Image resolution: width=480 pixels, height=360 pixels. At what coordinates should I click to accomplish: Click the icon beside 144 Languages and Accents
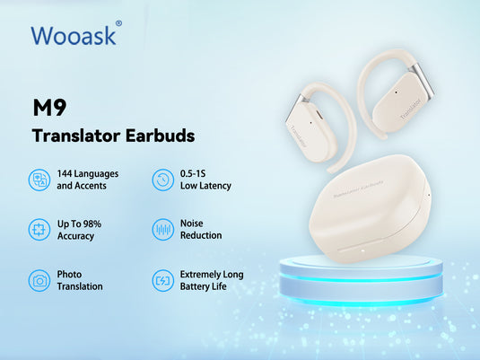(x=39, y=180)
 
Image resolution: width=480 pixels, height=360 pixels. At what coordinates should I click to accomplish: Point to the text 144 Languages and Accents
(x=88, y=180)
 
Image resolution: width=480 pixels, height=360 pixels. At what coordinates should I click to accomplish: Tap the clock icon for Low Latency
(x=162, y=180)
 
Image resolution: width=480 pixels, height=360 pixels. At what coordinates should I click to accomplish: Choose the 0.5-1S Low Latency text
(x=205, y=180)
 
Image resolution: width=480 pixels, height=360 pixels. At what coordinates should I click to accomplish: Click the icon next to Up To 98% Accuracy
(x=39, y=229)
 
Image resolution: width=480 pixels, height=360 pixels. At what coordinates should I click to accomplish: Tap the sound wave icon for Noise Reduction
(x=162, y=229)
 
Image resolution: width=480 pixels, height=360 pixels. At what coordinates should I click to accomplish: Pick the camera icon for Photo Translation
(x=39, y=280)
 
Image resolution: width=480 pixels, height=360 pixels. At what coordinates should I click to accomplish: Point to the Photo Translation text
(x=79, y=280)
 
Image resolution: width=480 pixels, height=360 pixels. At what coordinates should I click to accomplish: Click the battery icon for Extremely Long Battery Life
(x=162, y=280)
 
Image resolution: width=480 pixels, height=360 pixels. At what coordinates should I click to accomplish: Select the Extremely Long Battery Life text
(x=211, y=280)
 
